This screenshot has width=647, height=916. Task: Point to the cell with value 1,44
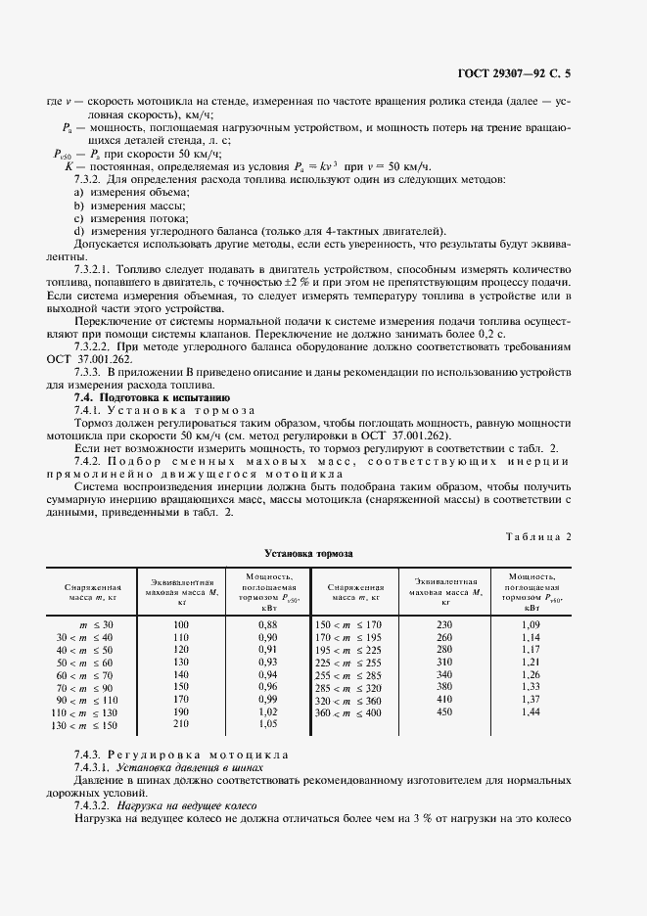pyautogui.click(x=531, y=712)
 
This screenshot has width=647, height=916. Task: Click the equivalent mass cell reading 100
pyautogui.click(x=180, y=623)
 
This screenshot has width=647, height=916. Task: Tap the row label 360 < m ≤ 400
pyautogui.click(x=347, y=712)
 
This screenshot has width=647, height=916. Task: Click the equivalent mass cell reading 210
pyautogui.click(x=180, y=725)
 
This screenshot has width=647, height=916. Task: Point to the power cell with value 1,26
pyautogui.click(x=531, y=674)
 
